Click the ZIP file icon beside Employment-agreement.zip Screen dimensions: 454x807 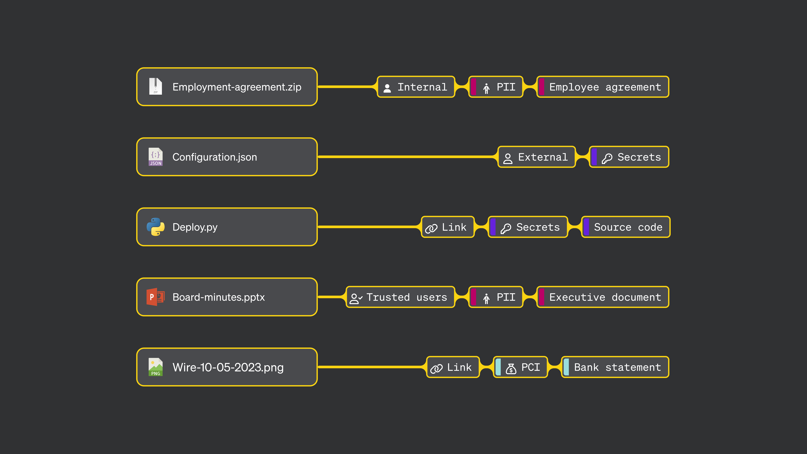tap(155, 86)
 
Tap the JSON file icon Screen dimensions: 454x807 tap(155, 157)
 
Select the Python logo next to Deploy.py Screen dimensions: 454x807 tap(155, 227)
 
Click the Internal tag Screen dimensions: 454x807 tap(416, 87)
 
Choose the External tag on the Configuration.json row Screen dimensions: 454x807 tap(536, 157)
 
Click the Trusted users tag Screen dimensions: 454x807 tap(400, 297)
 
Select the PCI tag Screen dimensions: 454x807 tap(520, 367)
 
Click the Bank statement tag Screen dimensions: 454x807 tap(615, 367)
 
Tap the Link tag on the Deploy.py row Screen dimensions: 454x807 tap(448, 227)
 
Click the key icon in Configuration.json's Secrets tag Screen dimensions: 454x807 tap(607, 158)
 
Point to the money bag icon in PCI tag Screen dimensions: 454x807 tap(511, 368)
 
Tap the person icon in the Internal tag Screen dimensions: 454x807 tap(387, 88)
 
